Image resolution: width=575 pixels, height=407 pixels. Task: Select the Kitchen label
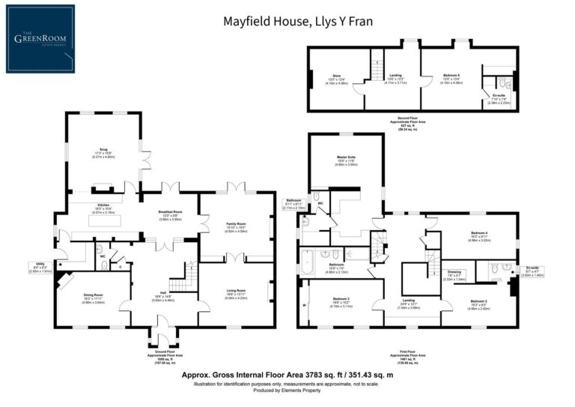coord(103,205)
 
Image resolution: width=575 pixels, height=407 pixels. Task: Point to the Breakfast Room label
coord(170,213)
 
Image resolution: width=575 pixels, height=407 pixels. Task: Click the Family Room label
coord(237,223)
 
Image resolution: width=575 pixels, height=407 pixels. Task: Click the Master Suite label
coord(346,157)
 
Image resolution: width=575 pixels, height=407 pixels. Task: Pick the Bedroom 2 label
coord(481,300)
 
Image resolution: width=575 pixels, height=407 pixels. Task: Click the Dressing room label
coord(454,271)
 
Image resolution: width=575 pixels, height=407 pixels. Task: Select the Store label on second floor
coord(336,76)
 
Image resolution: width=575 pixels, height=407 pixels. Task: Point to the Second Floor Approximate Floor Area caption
coord(408,123)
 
